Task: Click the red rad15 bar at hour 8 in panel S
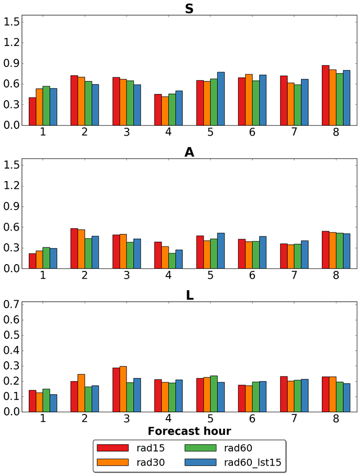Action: coord(326,96)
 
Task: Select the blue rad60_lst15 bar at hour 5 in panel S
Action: coord(221,99)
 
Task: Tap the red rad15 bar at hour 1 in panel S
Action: coord(32,112)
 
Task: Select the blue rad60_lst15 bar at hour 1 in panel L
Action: coord(53,403)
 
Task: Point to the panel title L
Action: coord(189,295)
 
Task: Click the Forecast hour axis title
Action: coord(189,431)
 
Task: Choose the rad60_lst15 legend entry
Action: coord(253,462)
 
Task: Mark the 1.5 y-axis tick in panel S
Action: coord(11,22)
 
